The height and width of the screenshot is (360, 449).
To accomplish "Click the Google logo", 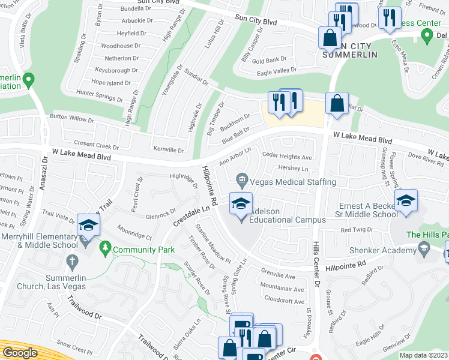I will (20, 353).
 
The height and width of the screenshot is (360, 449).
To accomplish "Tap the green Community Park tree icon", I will (105, 247).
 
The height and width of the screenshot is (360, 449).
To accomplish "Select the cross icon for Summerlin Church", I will (71, 261).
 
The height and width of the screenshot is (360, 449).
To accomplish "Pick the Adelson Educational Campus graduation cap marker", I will (240, 205).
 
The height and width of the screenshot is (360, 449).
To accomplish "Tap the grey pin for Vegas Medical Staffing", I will (242, 179).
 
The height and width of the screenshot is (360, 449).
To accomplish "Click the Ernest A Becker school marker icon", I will (406, 201).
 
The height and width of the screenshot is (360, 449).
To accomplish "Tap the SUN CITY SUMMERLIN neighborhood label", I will (350, 50).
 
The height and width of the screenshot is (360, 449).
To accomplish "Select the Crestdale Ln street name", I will (193, 216).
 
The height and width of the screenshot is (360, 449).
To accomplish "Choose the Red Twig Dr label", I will (357, 230).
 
